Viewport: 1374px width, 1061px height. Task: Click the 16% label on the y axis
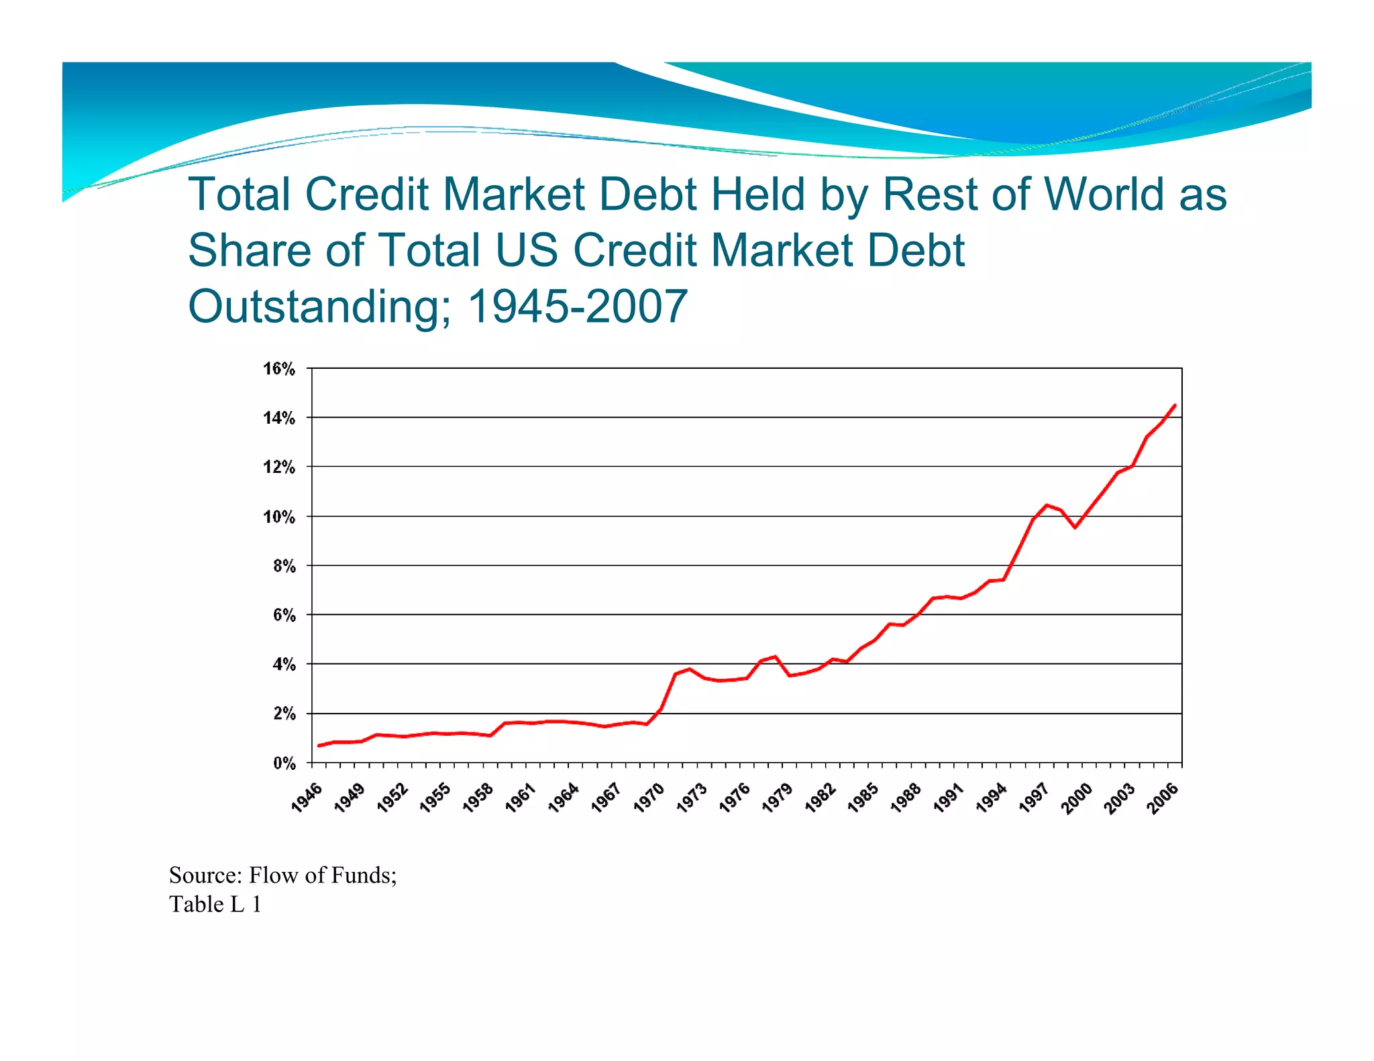click(x=279, y=369)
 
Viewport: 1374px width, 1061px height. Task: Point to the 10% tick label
click(x=279, y=517)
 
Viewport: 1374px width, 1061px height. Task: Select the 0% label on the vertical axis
click(x=284, y=763)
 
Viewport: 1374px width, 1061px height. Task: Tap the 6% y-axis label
click(x=284, y=616)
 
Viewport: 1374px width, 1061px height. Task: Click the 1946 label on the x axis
click(x=307, y=798)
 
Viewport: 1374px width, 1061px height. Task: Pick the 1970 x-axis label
click(x=649, y=798)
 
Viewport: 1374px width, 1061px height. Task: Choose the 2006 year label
click(x=1163, y=798)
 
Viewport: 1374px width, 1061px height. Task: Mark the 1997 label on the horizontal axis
click(x=1035, y=798)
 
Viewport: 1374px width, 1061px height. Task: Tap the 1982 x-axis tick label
click(x=821, y=798)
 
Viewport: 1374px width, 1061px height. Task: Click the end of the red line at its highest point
click(x=1175, y=406)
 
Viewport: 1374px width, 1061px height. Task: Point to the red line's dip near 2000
click(x=1075, y=527)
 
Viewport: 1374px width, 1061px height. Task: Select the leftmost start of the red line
click(x=319, y=745)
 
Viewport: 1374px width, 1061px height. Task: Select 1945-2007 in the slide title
click(x=577, y=306)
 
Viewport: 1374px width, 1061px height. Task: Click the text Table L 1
click(x=215, y=904)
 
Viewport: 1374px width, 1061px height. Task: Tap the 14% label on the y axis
click(x=279, y=418)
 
